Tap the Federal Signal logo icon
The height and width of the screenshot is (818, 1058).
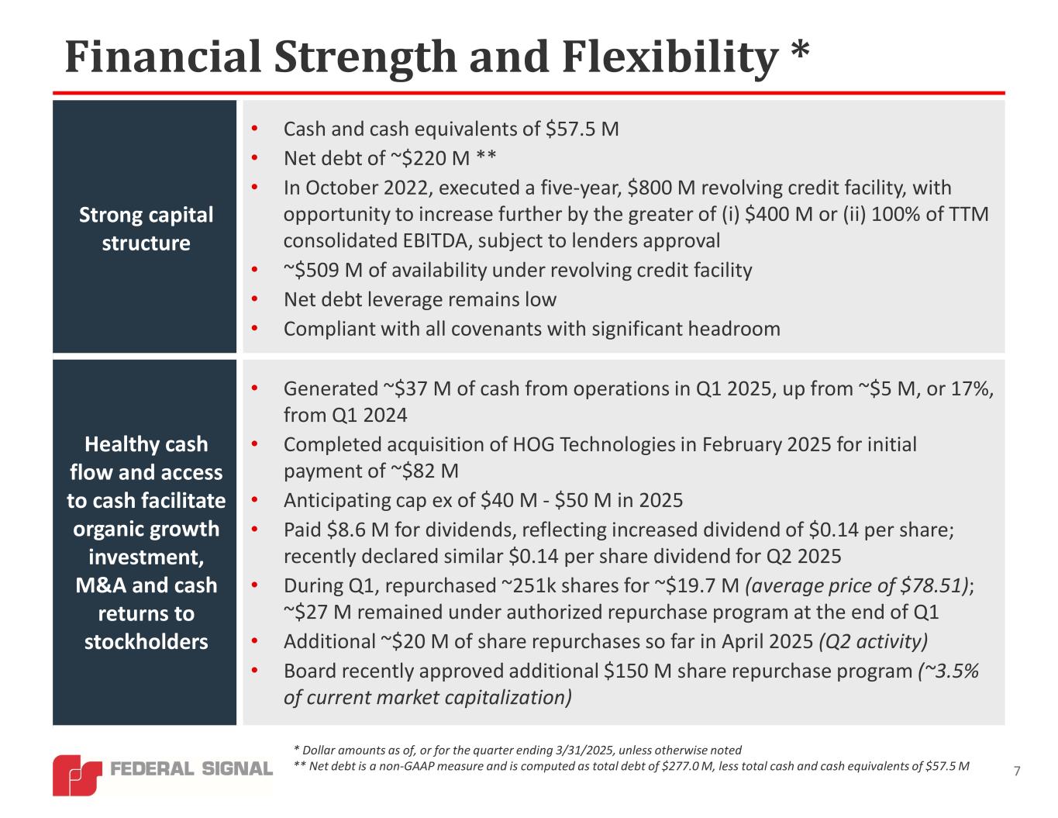(77, 774)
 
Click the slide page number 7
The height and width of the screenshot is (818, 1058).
(1017, 771)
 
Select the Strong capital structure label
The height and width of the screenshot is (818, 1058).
(146, 229)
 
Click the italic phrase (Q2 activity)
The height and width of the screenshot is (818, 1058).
(873, 642)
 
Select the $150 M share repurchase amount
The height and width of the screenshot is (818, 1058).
(632, 671)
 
